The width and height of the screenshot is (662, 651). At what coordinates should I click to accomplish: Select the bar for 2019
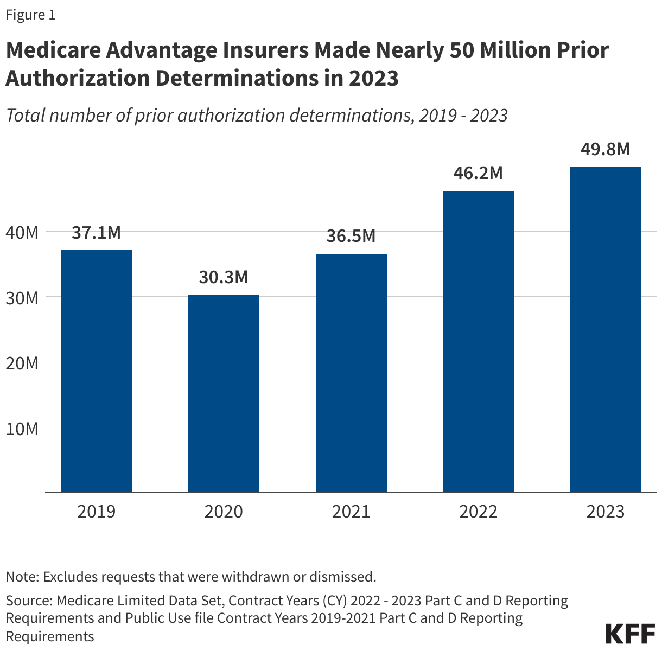tap(96, 371)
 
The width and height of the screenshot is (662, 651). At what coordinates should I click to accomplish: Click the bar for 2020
tap(224, 393)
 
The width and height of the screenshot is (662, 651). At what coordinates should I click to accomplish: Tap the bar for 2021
tap(351, 373)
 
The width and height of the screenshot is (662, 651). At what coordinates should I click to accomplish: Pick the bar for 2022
tap(478, 341)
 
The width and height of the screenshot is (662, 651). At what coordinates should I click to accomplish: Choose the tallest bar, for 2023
tap(606, 329)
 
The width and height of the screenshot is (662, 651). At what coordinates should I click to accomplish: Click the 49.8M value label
tap(605, 149)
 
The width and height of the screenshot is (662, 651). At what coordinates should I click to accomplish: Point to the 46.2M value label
tap(478, 173)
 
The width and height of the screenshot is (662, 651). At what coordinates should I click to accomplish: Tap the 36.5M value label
tap(351, 236)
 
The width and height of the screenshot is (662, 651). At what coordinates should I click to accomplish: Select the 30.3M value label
tap(224, 277)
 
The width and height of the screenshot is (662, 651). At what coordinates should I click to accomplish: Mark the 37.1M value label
tap(96, 233)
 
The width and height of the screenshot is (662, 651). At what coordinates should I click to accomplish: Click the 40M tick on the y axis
tap(22, 233)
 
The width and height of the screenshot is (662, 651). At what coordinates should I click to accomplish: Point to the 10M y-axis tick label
tap(22, 429)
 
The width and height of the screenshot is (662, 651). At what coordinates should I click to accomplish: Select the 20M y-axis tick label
tap(22, 363)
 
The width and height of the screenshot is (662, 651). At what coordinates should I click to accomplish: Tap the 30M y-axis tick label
tap(22, 298)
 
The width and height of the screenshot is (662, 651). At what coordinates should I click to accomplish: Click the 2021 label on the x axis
tap(351, 512)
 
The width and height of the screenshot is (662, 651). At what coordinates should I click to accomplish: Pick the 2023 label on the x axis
tap(606, 512)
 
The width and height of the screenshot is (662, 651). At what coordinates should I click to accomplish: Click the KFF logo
tap(630, 633)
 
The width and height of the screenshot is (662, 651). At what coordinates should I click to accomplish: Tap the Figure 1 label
tap(30, 15)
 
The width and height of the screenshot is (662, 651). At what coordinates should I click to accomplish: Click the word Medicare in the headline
tap(53, 50)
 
